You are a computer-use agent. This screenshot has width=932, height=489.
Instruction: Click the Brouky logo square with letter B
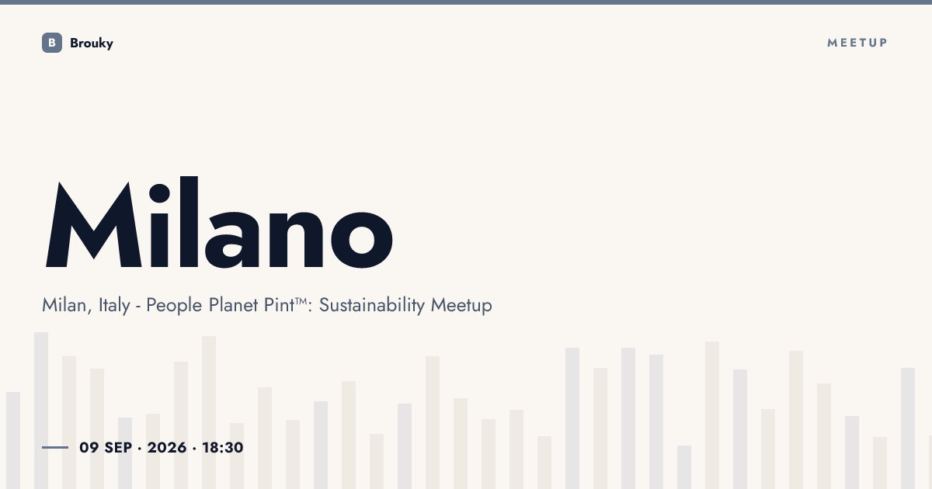(52, 43)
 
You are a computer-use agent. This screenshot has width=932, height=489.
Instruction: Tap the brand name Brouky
(92, 43)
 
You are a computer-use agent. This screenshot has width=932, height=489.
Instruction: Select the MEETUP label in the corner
(857, 43)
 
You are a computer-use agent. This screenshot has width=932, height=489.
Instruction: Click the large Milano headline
(219, 222)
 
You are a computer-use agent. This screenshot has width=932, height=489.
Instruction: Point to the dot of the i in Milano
(159, 193)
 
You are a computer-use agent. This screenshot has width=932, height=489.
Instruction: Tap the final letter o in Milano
(362, 240)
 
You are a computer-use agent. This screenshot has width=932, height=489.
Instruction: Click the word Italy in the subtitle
(114, 305)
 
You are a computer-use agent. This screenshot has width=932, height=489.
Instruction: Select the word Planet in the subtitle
(233, 305)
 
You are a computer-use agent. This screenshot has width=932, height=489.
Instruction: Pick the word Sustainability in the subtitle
(372, 305)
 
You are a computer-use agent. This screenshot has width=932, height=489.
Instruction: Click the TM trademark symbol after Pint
(301, 300)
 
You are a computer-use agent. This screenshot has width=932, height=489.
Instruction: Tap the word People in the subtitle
(174, 305)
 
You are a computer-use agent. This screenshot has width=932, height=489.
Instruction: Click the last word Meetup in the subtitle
(461, 305)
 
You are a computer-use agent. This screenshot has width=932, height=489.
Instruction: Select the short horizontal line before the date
(55, 447)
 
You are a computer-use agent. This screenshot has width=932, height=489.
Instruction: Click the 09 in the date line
(89, 448)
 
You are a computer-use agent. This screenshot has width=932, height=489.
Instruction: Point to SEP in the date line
(118, 448)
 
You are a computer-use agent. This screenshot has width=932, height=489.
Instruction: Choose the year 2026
(167, 448)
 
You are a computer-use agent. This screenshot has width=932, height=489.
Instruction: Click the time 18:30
(223, 448)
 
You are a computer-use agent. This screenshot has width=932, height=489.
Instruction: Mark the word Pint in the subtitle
(279, 305)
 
